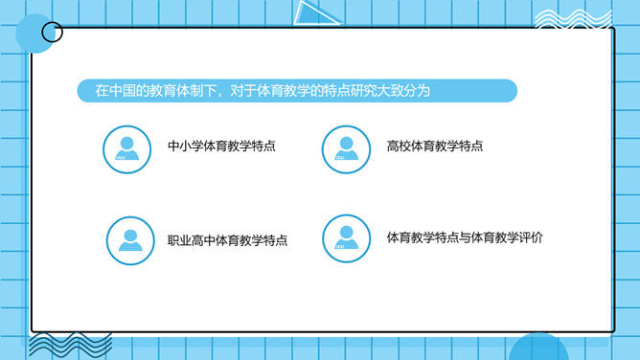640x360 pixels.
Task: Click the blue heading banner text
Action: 263,91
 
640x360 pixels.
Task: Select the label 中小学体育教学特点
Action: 221,146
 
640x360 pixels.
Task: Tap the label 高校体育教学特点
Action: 435,146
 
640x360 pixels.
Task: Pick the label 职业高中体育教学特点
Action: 227,240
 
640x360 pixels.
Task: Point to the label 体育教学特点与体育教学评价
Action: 465,237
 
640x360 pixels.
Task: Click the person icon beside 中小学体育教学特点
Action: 126,149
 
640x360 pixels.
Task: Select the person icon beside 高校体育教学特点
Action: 346,149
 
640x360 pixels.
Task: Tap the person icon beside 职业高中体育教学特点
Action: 130,240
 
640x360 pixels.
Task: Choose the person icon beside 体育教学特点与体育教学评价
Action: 346,238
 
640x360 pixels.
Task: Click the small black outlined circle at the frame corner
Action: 53,23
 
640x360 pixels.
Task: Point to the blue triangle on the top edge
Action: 315,13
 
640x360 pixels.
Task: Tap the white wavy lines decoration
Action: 573,19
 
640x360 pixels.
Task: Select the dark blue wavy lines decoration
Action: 70,345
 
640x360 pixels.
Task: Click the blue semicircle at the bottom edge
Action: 538,347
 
